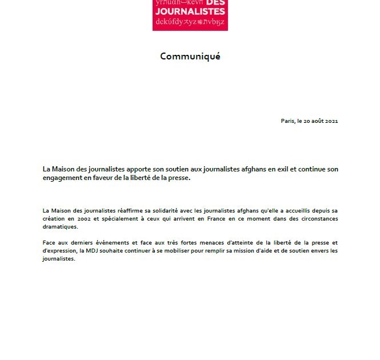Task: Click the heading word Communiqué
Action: (190, 56)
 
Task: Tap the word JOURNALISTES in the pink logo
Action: (190, 12)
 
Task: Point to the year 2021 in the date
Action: (332, 121)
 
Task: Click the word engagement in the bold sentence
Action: (63, 178)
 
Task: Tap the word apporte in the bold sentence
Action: (146, 169)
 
